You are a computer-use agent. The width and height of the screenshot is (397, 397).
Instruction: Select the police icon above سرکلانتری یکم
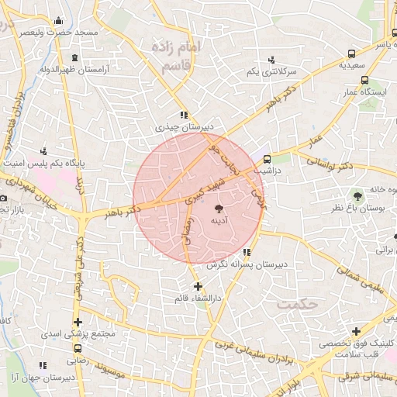(x=271, y=60)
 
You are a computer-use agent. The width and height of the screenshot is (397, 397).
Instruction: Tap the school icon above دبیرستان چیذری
(x=184, y=116)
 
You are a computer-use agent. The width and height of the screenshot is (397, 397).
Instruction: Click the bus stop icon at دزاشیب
(x=268, y=159)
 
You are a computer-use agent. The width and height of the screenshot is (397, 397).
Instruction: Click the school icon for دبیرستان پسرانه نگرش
(x=246, y=252)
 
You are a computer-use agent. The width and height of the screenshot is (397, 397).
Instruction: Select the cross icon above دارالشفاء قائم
(x=198, y=287)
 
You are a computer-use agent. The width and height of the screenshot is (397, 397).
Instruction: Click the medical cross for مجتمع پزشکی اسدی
(x=77, y=322)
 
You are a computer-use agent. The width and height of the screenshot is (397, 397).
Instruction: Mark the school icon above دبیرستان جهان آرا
(x=43, y=364)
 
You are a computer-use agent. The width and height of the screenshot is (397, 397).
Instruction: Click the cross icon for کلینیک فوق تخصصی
(x=355, y=331)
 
